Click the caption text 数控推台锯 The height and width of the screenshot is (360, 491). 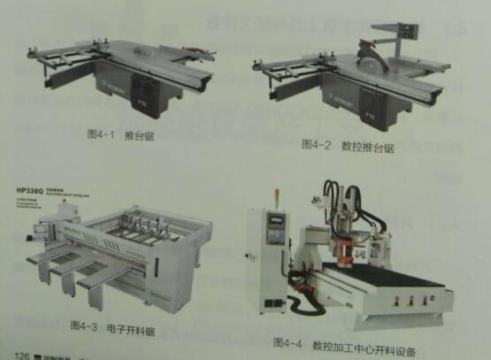point(371,146)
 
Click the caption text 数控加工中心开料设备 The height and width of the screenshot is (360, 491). point(363,343)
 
